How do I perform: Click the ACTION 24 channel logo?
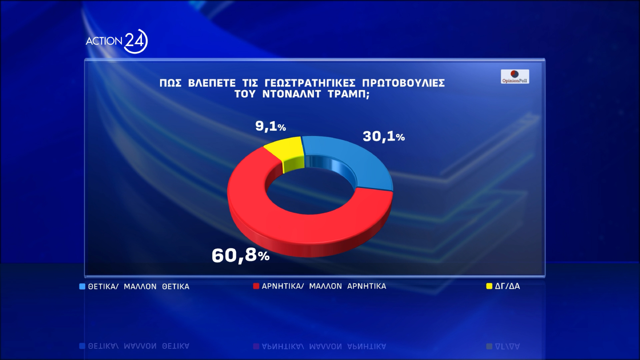tap(116, 41)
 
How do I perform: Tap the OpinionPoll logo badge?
tap(515, 76)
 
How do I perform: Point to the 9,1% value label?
tap(270, 126)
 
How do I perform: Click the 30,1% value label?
tap(384, 136)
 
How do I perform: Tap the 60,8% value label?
tap(240, 255)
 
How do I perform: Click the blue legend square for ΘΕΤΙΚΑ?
tap(82, 286)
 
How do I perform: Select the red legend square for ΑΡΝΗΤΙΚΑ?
tap(256, 286)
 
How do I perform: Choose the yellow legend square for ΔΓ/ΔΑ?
tap(489, 286)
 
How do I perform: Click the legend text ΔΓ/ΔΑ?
tap(507, 286)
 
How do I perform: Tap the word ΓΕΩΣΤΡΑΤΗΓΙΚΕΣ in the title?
tap(310, 83)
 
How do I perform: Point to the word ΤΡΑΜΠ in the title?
tap(348, 94)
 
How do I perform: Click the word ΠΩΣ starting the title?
tap(170, 83)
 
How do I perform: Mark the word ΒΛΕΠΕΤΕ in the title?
tap(212, 83)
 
